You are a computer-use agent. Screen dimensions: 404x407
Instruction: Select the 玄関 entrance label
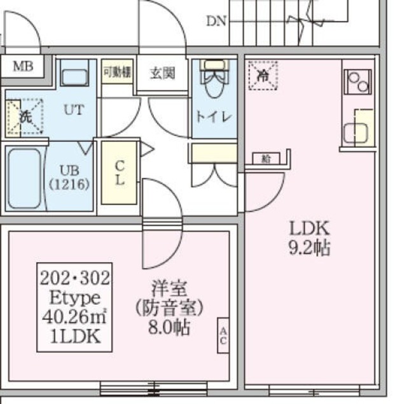(x=162, y=74)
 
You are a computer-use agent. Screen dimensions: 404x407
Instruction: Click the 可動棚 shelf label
(x=117, y=72)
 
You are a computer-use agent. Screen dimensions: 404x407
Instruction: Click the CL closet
(x=119, y=172)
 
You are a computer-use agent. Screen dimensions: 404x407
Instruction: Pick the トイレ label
(x=213, y=117)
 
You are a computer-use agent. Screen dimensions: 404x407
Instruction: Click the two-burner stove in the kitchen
(x=357, y=82)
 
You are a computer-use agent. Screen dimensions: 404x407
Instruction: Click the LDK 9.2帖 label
(x=310, y=237)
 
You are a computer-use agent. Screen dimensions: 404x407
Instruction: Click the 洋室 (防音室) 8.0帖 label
(x=169, y=308)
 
